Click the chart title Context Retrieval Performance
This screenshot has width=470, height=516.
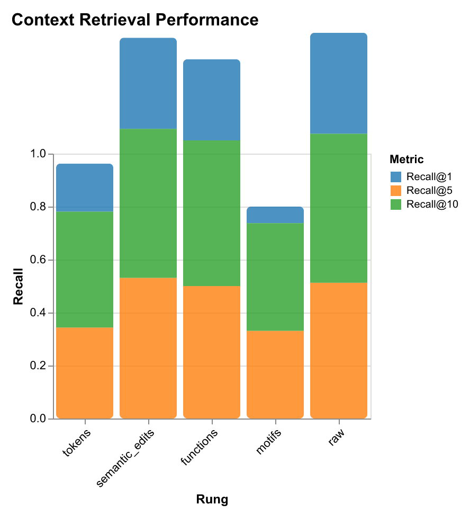tap(134, 20)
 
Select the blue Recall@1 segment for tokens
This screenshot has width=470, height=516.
tap(85, 188)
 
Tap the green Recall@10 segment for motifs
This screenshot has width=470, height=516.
tap(275, 277)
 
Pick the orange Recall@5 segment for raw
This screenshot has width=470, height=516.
tap(339, 351)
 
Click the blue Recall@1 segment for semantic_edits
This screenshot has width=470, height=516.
tap(148, 83)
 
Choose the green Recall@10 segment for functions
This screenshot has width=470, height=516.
tap(212, 213)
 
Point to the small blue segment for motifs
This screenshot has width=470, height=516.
tap(275, 215)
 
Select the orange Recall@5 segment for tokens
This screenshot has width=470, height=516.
tap(85, 373)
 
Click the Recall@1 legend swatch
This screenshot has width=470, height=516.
tap(395, 176)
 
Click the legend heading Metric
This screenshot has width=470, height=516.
tap(405, 159)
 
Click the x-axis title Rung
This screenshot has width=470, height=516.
tap(212, 499)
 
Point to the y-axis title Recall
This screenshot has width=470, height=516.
tap(18, 287)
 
